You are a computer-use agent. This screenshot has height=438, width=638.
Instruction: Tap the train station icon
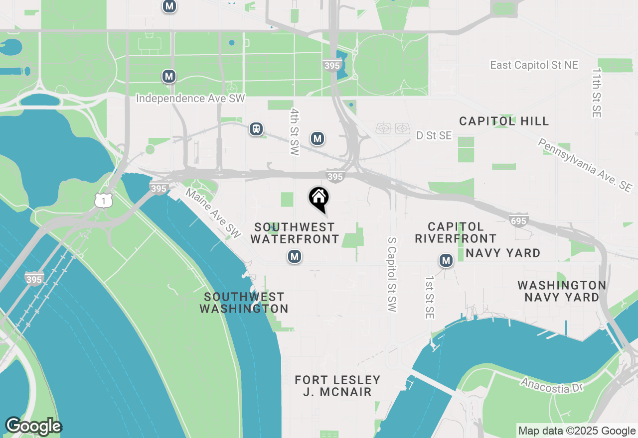pyautogui.click(x=256, y=129)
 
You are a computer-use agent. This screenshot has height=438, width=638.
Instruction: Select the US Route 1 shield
pyautogui.click(x=103, y=200)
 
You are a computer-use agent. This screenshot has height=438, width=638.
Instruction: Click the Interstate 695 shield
pyautogui.click(x=519, y=219)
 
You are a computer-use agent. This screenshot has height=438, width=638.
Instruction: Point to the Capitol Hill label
pyautogui.click(x=504, y=121)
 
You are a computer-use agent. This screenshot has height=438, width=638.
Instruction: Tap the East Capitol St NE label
pyautogui.click(x=534, y=65)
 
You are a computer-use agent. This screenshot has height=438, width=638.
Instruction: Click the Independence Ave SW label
pyautogui.click(x=191, y=99)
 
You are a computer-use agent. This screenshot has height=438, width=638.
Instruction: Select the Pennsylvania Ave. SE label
pyautogui.click(x=585, y=165)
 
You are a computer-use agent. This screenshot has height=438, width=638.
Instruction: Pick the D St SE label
pyautogui.click(x=434, y=135)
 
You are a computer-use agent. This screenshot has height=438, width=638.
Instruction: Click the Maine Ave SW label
pyautogui.click(x=213, y=213)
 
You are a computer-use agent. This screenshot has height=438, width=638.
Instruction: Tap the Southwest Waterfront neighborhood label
pyautogui.click(x=295, y=233)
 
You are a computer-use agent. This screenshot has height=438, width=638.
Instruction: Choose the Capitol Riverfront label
pyautogui.click(x=456, y=233)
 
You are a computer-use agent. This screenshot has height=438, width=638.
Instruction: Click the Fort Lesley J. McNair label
pyautogui.click(x=337, y=386)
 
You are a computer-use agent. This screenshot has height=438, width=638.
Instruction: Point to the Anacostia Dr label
pyautogui.click(x=551, y=385)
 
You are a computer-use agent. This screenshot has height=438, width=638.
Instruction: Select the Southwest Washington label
pyautogui.click(x=244, y=303)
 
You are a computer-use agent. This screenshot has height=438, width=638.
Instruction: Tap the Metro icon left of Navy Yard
pyautogui.click(x=446, y=260)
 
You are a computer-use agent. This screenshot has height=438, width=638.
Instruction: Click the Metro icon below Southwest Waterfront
pyautogui.click(x=295, y=257)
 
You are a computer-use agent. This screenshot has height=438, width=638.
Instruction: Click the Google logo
pyautogui.click(x=33, y=426)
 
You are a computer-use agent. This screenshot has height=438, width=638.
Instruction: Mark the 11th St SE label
pyautogui.click(x=597, y=93)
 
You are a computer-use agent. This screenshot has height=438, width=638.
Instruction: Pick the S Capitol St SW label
pyautogui.click(x=393, y=275)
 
